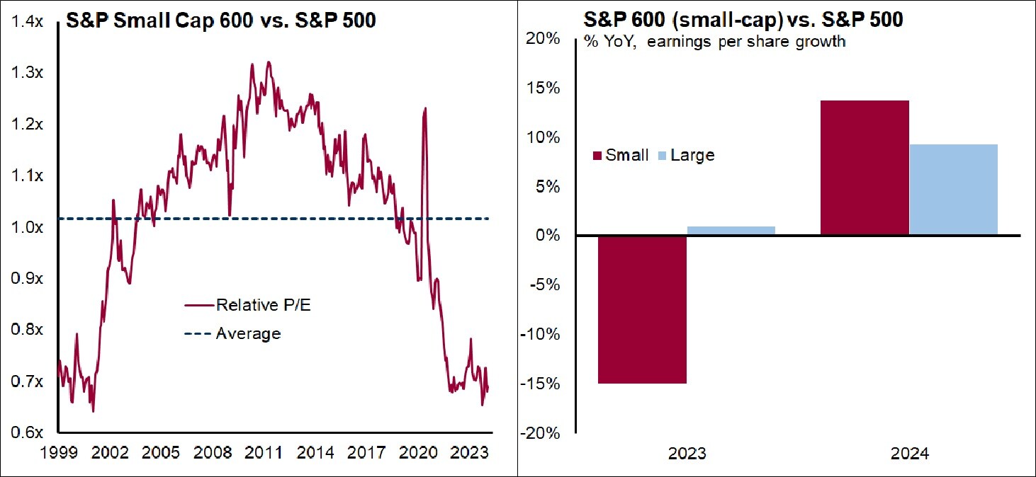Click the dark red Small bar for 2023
click(641, 309)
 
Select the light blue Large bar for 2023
click(731, 231)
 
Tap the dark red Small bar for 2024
click(865, 168)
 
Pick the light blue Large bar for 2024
click(954, 190)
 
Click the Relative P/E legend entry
click(248, 305)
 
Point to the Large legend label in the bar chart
click(692, 155)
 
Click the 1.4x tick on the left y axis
click(29, 23)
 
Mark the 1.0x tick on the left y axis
click(29, 228)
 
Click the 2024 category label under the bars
click(909, 453)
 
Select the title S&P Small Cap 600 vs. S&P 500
click(220, 21)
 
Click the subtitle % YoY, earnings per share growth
click(714, 42)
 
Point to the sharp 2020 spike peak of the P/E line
click(425, 108)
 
